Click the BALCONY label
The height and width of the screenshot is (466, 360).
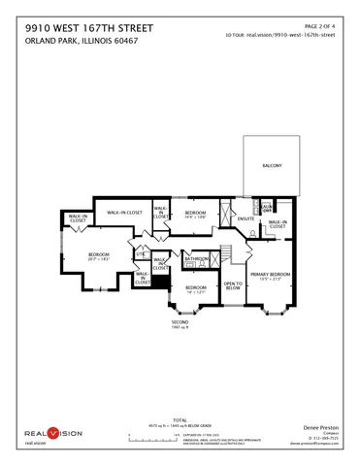[272, 167]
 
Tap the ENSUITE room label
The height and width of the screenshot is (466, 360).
[245, 218]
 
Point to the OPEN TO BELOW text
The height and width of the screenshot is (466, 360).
[233, 286]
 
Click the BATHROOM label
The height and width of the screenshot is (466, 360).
[197, 259]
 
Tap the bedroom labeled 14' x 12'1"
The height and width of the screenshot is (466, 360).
[196, 289]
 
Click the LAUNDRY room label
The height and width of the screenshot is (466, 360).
[266, 206]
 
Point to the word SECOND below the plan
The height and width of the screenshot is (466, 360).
[180, 321]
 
